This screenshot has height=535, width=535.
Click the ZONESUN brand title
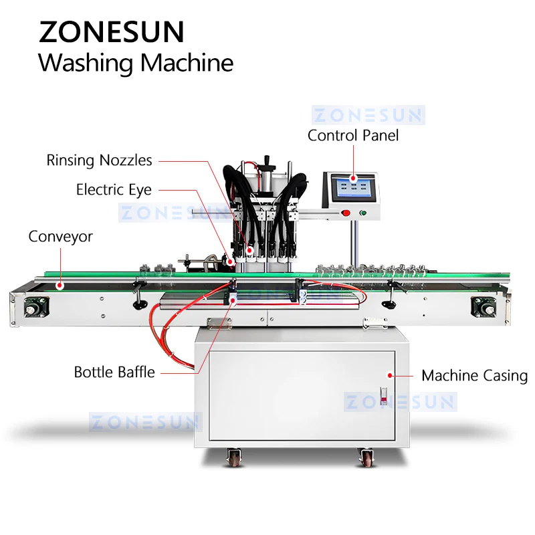click(112, 31)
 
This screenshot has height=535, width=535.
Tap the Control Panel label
click(353, 136)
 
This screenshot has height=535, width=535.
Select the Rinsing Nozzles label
click(99, 160)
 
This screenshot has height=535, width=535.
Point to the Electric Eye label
click(114, 190)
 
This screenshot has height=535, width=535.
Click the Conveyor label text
click(60, 237)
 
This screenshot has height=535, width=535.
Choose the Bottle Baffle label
click(114, 372)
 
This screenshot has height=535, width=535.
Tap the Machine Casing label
click(474, 376)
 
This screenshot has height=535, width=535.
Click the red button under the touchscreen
click(346, 213)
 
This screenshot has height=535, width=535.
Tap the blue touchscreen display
click(354, 188)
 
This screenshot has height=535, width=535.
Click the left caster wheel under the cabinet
click(234, 457)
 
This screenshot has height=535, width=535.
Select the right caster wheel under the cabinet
click(366, 457)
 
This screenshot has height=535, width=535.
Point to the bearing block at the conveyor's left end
click(37, 306)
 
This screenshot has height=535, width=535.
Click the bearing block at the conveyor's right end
click(483, 306)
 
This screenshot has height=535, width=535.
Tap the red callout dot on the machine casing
click(390, 376)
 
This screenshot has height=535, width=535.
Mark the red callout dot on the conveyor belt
click(60, 286)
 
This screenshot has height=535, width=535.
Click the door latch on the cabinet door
click(384, 397)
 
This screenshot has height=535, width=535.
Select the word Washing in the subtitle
click(86, 63)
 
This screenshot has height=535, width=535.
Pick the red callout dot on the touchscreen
click(354, 178)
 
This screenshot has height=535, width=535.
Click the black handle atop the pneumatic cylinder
click(267, 160)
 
